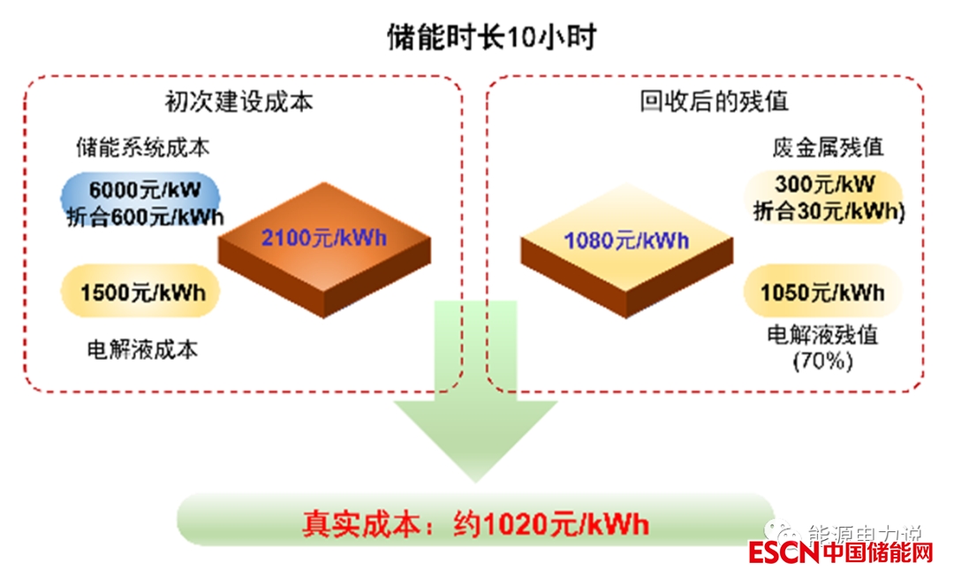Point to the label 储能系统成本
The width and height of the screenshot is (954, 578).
pos(143,147)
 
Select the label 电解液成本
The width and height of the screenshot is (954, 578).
pos(142,350)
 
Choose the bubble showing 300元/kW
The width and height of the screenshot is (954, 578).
pos(825,185)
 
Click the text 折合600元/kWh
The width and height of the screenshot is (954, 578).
pos(146,217)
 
